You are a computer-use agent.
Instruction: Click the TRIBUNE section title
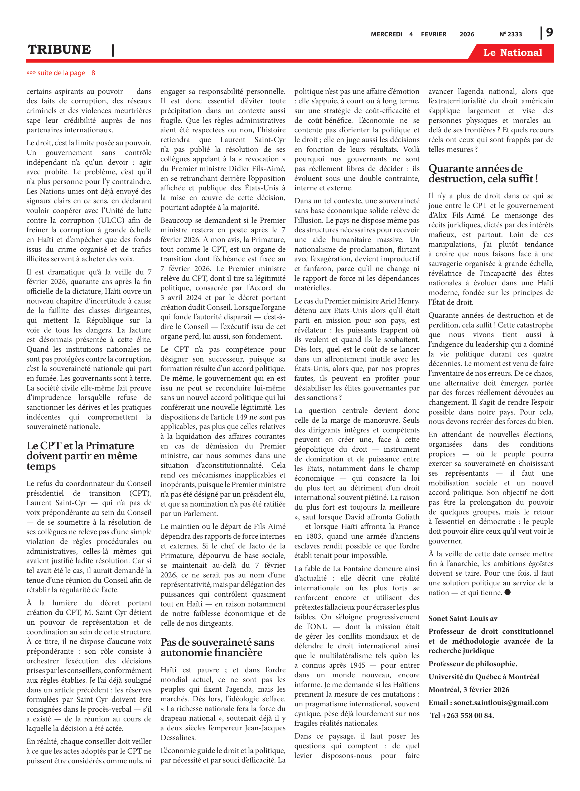pyautogui.click(x=59, y=50)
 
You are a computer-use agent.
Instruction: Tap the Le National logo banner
pyautogui.click(x=512, y=53)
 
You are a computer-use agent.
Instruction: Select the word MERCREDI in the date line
pyautogui.click(x=386, y=34)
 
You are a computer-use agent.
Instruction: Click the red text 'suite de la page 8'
pyautogui.click(x=61, y=73)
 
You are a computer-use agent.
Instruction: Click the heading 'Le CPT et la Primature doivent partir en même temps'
pyautogui.click(x=81, y=456)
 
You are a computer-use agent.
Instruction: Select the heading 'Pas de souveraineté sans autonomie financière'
pyautogui.click(x=217, y=647)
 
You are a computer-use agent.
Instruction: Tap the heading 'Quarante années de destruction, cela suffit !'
pyautogui.click(x=483, y=173)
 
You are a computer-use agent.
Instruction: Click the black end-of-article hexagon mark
pyautogui.click(x=507, y=592)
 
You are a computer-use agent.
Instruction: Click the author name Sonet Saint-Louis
pyautogui.click(x=457, y=618)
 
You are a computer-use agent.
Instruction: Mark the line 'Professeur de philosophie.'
pyautogui.click(x=472, y=664)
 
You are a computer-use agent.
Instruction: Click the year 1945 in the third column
pyautogui.click(x=355, y=665)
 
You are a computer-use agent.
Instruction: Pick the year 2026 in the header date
pyautogui.click(x=467, y=34)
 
